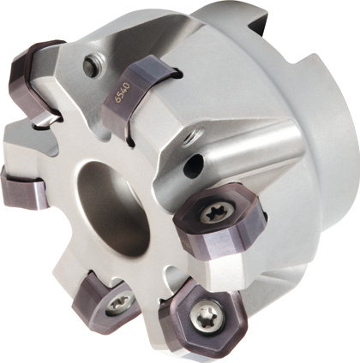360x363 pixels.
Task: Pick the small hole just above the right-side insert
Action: [x=199, y=161]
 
